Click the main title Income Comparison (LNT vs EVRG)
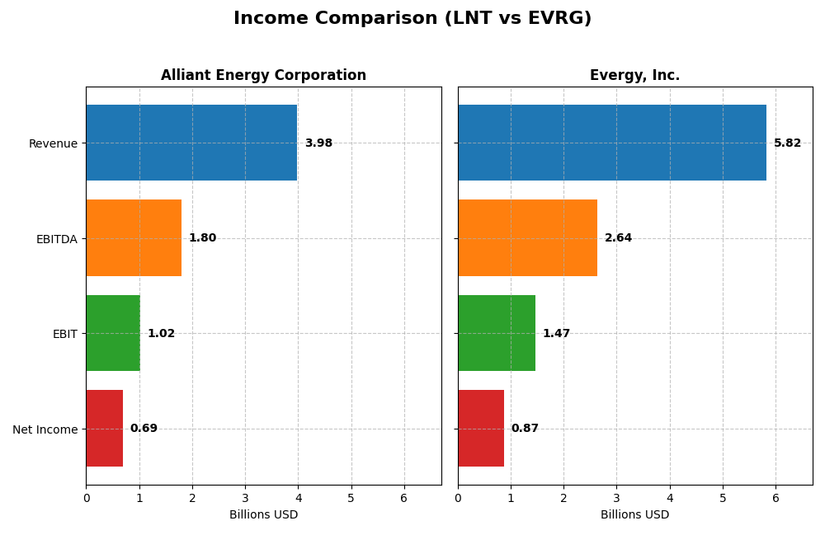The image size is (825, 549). [412, 18]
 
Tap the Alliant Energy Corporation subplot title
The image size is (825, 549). [263, 75]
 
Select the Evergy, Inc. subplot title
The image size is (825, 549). [634, 75]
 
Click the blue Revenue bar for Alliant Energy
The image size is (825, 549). [191, 143]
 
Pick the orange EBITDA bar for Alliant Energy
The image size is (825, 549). [134, 237]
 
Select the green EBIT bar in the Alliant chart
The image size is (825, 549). [113, 333]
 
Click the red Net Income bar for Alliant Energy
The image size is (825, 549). [104, 428]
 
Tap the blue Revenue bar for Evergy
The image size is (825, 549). [611, 143]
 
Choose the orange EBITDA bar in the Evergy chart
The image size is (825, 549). [527, 237]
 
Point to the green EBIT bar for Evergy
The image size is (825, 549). [497, 333]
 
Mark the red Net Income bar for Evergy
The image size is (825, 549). [481, 428]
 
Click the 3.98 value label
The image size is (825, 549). [318, 143]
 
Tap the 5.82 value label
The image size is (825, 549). [787, 143]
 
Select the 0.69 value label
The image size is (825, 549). [144, 429]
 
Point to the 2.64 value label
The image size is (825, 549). [618, 238]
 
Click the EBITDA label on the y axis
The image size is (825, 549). [56, 239]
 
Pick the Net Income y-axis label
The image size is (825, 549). [45, 429]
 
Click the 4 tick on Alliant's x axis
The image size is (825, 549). [298, 498]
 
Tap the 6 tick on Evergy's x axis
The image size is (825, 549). [775, 498]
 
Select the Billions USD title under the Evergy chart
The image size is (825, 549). [634, 515]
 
